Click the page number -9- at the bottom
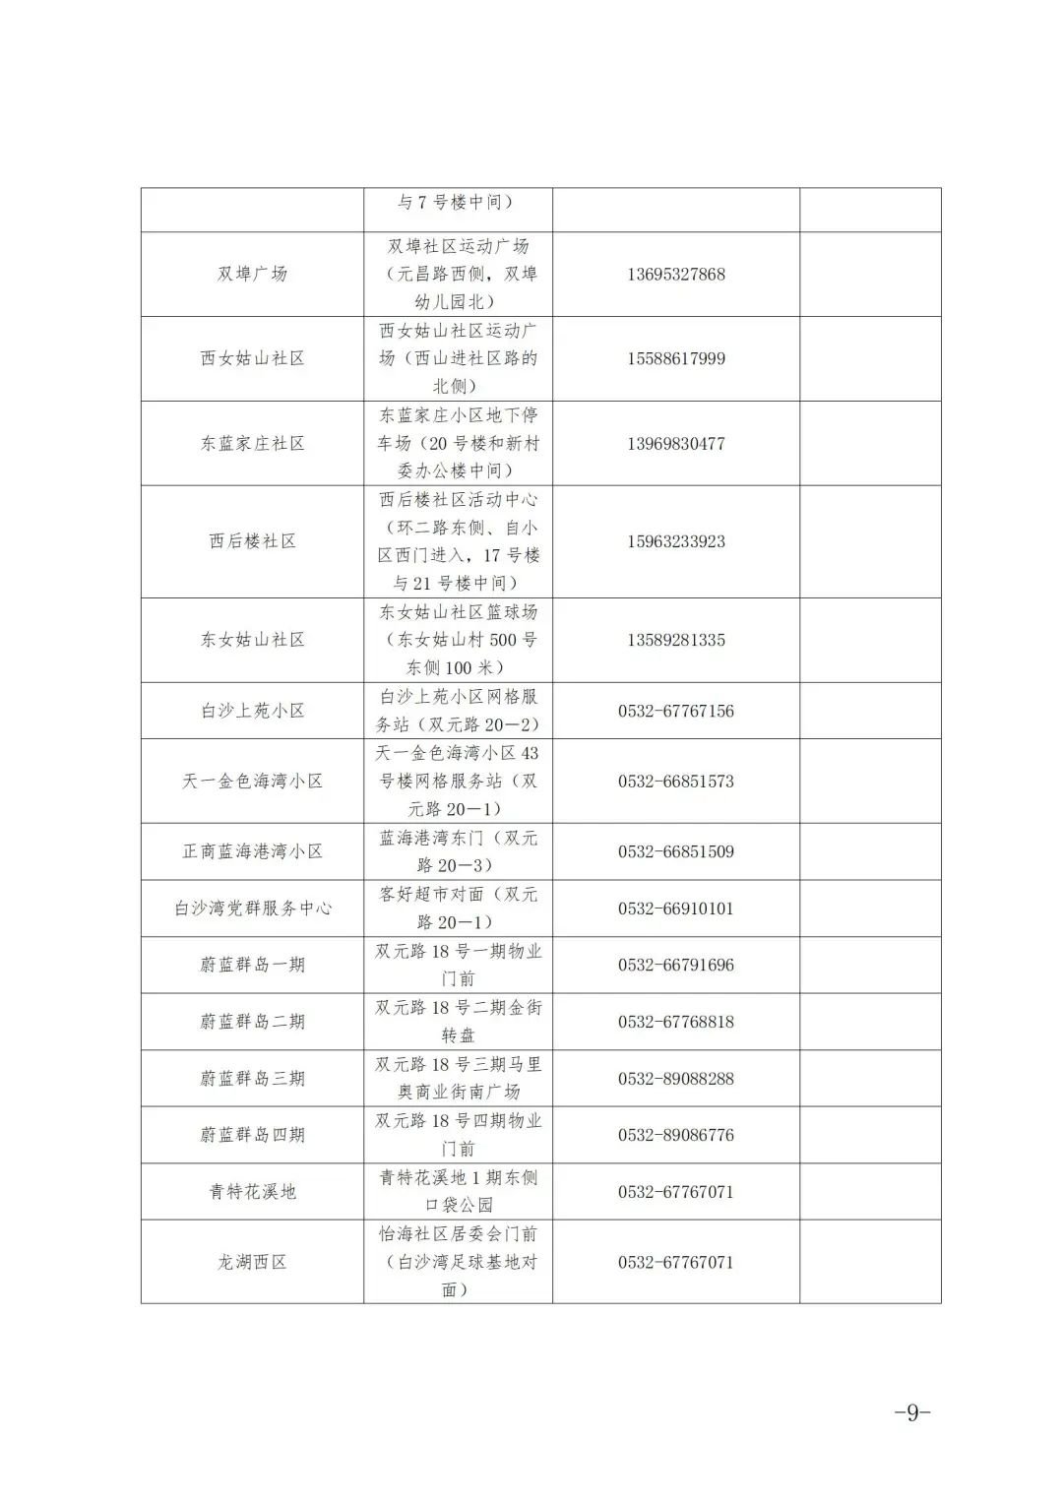[x=911, y=1412]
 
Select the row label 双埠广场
[x=252, y=274]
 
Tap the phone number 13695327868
[x=675, y=274]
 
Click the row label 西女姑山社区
[x=252, y=358]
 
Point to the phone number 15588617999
[x=675, y=358]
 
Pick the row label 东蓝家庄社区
[x=252, y=443]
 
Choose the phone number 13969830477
[x=675, y=443]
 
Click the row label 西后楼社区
[x=252, y=541]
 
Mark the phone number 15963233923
[x=675, y=541]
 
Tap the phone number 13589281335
[x=675, y=640]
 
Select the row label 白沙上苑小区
[x=252, y=711]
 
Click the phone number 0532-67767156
[x=675, y=711]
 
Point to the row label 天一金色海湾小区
[x=252, y=782]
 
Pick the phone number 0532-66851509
[x=675, y=851]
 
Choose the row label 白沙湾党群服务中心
[x=252, y=909]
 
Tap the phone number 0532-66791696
[x=675, y=965]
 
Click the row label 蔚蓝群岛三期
[x=252, y=1079]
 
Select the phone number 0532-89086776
[x=675, y=1135]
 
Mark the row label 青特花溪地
[x=252, y=1192]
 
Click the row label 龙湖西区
[x=252, y=1262]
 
